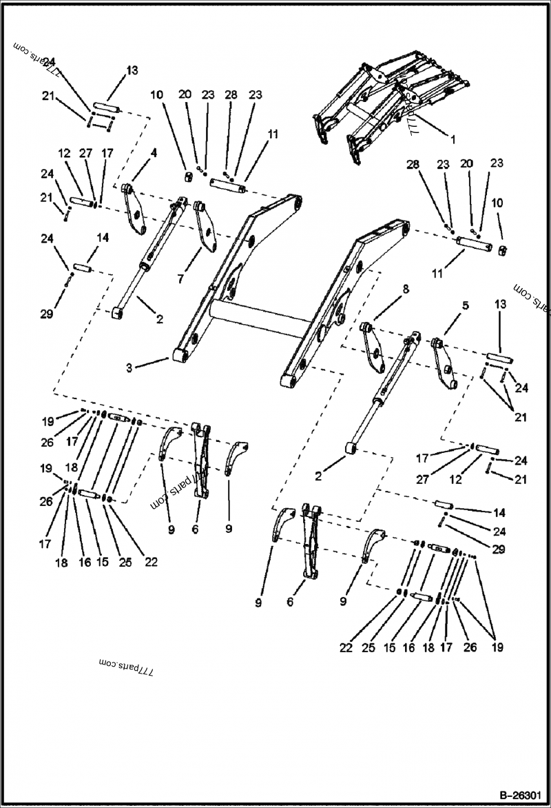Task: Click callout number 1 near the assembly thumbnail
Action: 453,139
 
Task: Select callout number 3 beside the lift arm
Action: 129,368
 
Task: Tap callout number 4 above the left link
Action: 154,153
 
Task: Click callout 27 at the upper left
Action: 85,153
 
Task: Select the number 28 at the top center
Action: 230,94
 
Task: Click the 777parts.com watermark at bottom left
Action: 126,667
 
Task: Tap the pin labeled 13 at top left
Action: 106,109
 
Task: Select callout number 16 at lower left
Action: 85,563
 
